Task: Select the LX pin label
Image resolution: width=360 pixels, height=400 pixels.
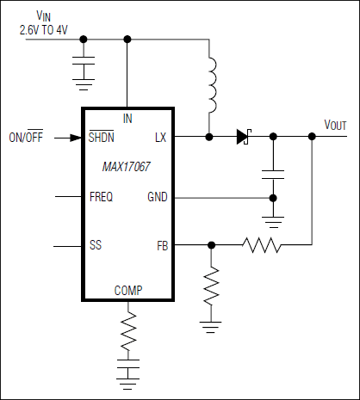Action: click(x=160, y=137)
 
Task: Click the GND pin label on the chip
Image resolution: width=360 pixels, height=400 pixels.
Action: click(x=158, y=197)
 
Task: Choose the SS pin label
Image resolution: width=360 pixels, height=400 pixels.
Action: click(x=96, y=245)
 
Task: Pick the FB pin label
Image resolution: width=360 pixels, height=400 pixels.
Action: click(x=161, y=245)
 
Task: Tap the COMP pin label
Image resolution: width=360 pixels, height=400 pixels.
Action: click(x=128, y=291)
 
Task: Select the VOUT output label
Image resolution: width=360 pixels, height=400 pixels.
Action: click(x=335, y=125)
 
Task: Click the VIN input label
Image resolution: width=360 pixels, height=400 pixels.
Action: click(x=40, y=16)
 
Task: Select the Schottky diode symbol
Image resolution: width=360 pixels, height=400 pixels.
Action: click(x=242, y=136)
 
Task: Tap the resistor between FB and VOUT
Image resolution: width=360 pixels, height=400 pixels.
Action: click(x=261, y=245)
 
